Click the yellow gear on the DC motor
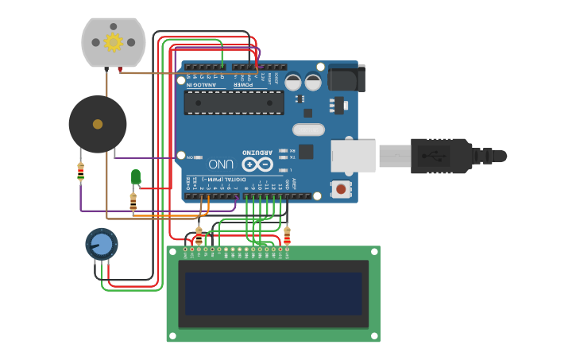(x=113, y=42)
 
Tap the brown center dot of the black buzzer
(x=98, y=124)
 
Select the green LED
(x=136, y=176)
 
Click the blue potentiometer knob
(x=101, y=242)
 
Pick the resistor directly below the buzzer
(x=80, y=171)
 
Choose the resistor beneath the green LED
(x=133, y=203)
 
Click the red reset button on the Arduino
(x=341, y=189)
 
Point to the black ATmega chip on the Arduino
(x=234, y=103)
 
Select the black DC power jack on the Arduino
(x=347, y=78)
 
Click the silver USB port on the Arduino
(x=353, y=156)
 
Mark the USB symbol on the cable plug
(x=435, y=156)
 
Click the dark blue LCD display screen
(x=273, y=293)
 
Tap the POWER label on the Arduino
(x=243, y=83)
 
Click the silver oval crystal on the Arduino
(x=308, y=130)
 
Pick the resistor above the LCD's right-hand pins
(x=287, y=235)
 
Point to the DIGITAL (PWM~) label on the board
(x=218, y=180)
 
